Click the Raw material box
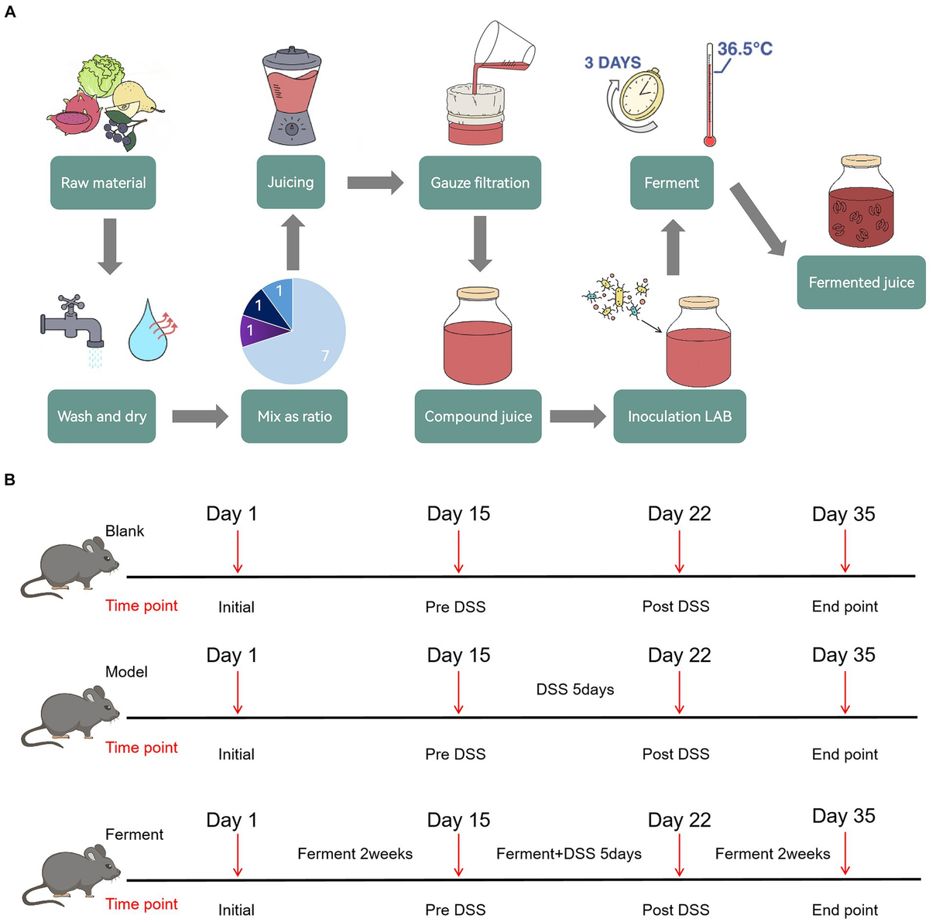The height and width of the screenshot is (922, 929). click(103, 183)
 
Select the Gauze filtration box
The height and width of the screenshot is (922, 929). click(479, 183)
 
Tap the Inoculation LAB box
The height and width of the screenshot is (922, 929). click(679, 416)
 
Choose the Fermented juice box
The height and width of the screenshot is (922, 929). click(861, 283)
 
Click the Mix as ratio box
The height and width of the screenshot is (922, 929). click(294, 416)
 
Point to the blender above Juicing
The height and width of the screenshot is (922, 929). click(291, 97)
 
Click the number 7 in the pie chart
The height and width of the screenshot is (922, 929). click(325, 355)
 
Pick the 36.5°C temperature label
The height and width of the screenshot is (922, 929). click(745, 49)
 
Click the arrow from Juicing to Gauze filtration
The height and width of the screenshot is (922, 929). click(375, 183)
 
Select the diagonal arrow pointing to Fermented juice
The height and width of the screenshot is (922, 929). click(759, 219)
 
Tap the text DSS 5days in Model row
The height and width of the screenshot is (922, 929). click(574, 689)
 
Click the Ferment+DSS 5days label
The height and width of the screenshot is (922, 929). click(568, 854)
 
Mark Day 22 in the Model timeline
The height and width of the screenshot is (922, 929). click(679, 655)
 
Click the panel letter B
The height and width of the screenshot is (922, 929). click(9, 480)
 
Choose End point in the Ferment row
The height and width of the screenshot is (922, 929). click(845, 910)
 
